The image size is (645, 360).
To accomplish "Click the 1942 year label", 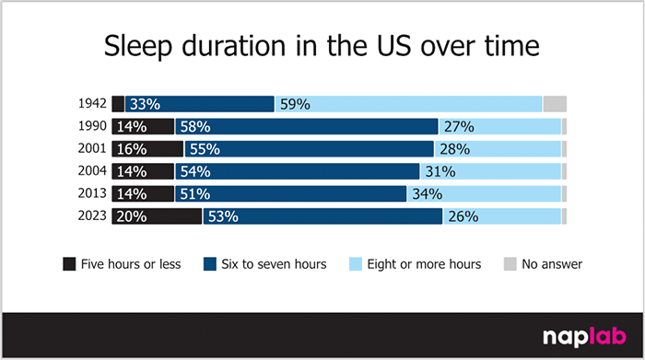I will (x=94, y=104).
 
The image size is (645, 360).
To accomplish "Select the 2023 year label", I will (x=94, y=216).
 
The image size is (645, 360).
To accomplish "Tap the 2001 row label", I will (x=94, y=149).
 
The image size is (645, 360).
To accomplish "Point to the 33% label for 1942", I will (x=143, y=104).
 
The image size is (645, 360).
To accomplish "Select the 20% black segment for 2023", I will (x=157, y=216).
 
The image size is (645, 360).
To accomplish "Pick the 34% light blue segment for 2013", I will (x=484, y=193).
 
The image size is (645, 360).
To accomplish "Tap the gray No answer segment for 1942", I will (x=555, y=104).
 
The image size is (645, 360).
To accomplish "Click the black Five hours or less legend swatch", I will (x=69, y=264).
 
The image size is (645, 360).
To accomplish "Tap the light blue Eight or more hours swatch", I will (x=356, y=264).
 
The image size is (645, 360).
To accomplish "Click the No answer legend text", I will (x=552, y=264).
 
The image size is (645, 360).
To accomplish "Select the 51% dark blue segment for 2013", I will (x=290, y=193).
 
